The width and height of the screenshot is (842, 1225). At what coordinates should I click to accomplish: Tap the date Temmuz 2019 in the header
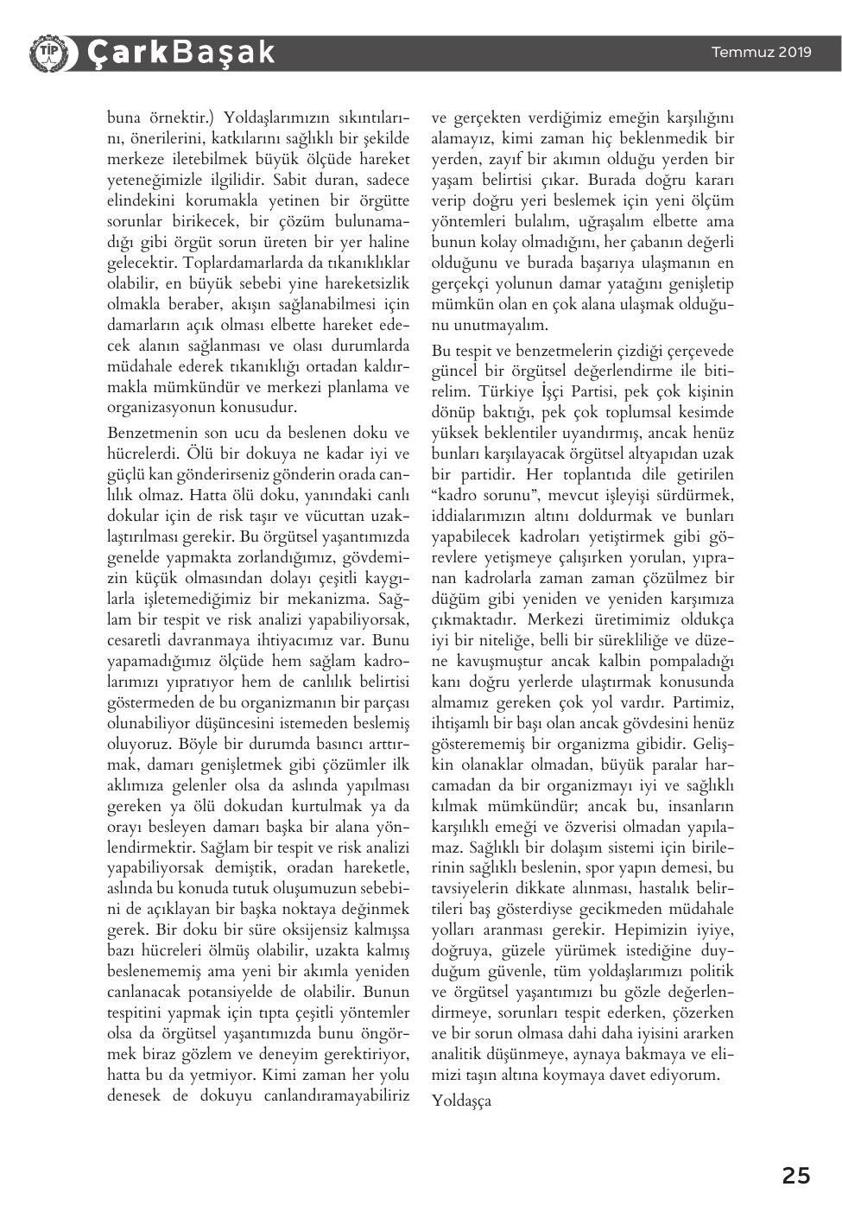coord(761,52)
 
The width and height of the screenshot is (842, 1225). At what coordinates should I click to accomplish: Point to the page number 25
coord(796,1176)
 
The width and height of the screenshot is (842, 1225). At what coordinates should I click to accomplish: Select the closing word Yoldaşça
coord(461,1101)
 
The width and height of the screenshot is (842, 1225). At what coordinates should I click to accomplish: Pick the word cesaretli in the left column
coord(139,640)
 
